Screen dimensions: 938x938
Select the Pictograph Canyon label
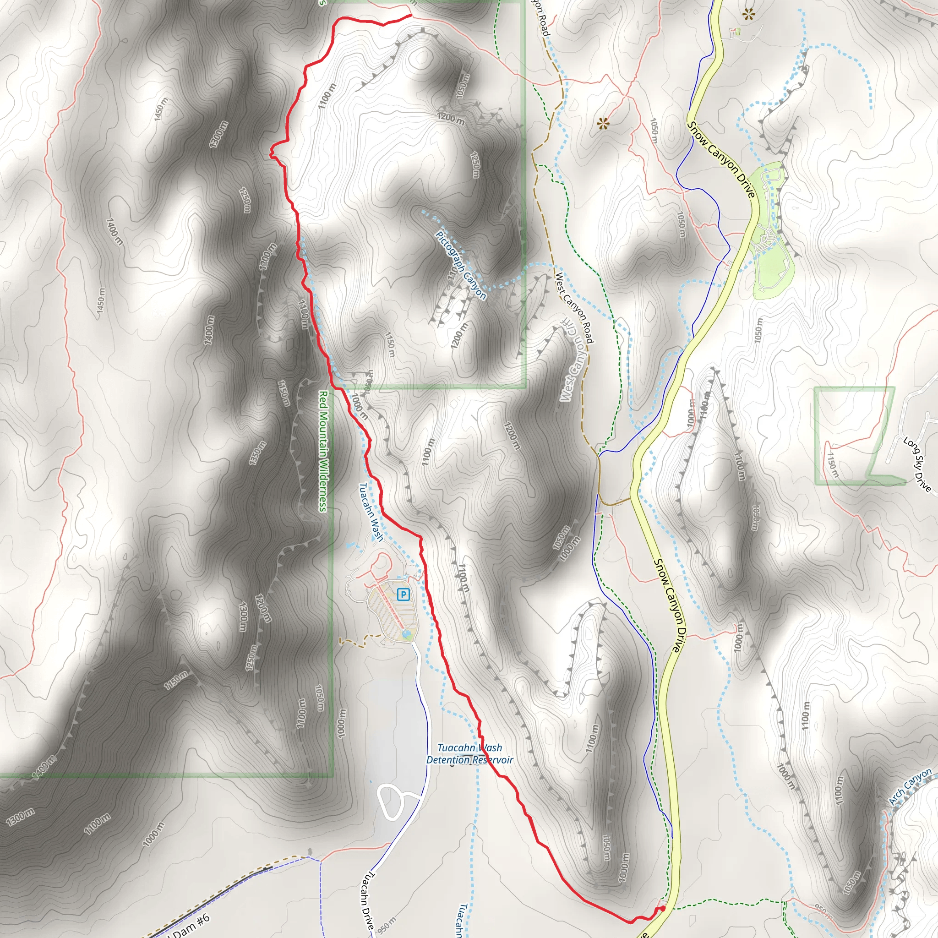point(461,266)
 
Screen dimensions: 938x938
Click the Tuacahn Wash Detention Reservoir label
point(469,754)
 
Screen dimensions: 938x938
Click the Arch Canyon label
point(911,787)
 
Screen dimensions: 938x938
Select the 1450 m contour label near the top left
point(161,109)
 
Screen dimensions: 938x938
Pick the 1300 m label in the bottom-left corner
point(21,817)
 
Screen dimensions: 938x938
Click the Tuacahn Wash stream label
point(371,511)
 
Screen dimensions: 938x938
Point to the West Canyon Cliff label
point(572,360)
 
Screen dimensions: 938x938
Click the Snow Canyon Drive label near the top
point(721,159)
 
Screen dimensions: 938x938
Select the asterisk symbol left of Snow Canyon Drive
point(603,124)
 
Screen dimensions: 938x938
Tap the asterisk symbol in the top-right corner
point(749,14)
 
